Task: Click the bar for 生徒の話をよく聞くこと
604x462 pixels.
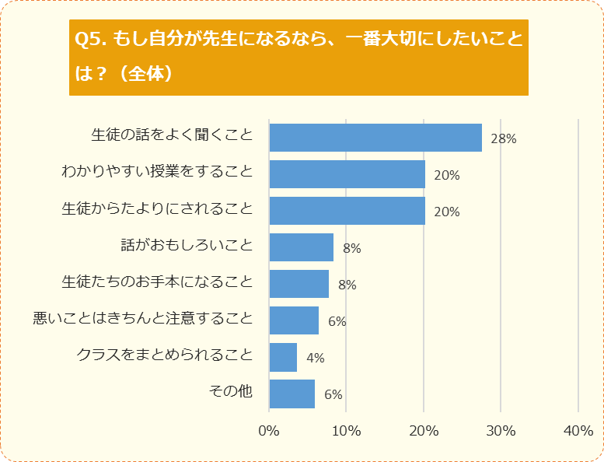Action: point(375,138)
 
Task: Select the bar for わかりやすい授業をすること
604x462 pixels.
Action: point(347,174)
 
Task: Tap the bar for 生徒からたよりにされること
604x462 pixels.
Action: point(347,211)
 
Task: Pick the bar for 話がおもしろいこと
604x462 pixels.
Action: point(301,247)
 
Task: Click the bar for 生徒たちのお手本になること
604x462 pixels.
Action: point(299,284)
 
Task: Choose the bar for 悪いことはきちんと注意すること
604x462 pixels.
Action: point(294,320)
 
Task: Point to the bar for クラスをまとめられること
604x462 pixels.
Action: point(283,357)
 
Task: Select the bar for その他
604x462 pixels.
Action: point(292,394)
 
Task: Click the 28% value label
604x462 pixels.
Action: point(504,139)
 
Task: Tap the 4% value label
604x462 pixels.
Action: point(316,359)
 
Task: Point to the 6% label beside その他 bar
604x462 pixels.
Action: point(333,394)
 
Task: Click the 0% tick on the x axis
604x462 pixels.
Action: point(269,430)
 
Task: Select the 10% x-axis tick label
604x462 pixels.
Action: point(346,430)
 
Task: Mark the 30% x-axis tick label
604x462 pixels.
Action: point(501,430)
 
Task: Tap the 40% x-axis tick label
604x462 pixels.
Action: point(578,430)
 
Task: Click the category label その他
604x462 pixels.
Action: point(231,391)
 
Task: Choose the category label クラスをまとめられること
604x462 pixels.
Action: point(165,355)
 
